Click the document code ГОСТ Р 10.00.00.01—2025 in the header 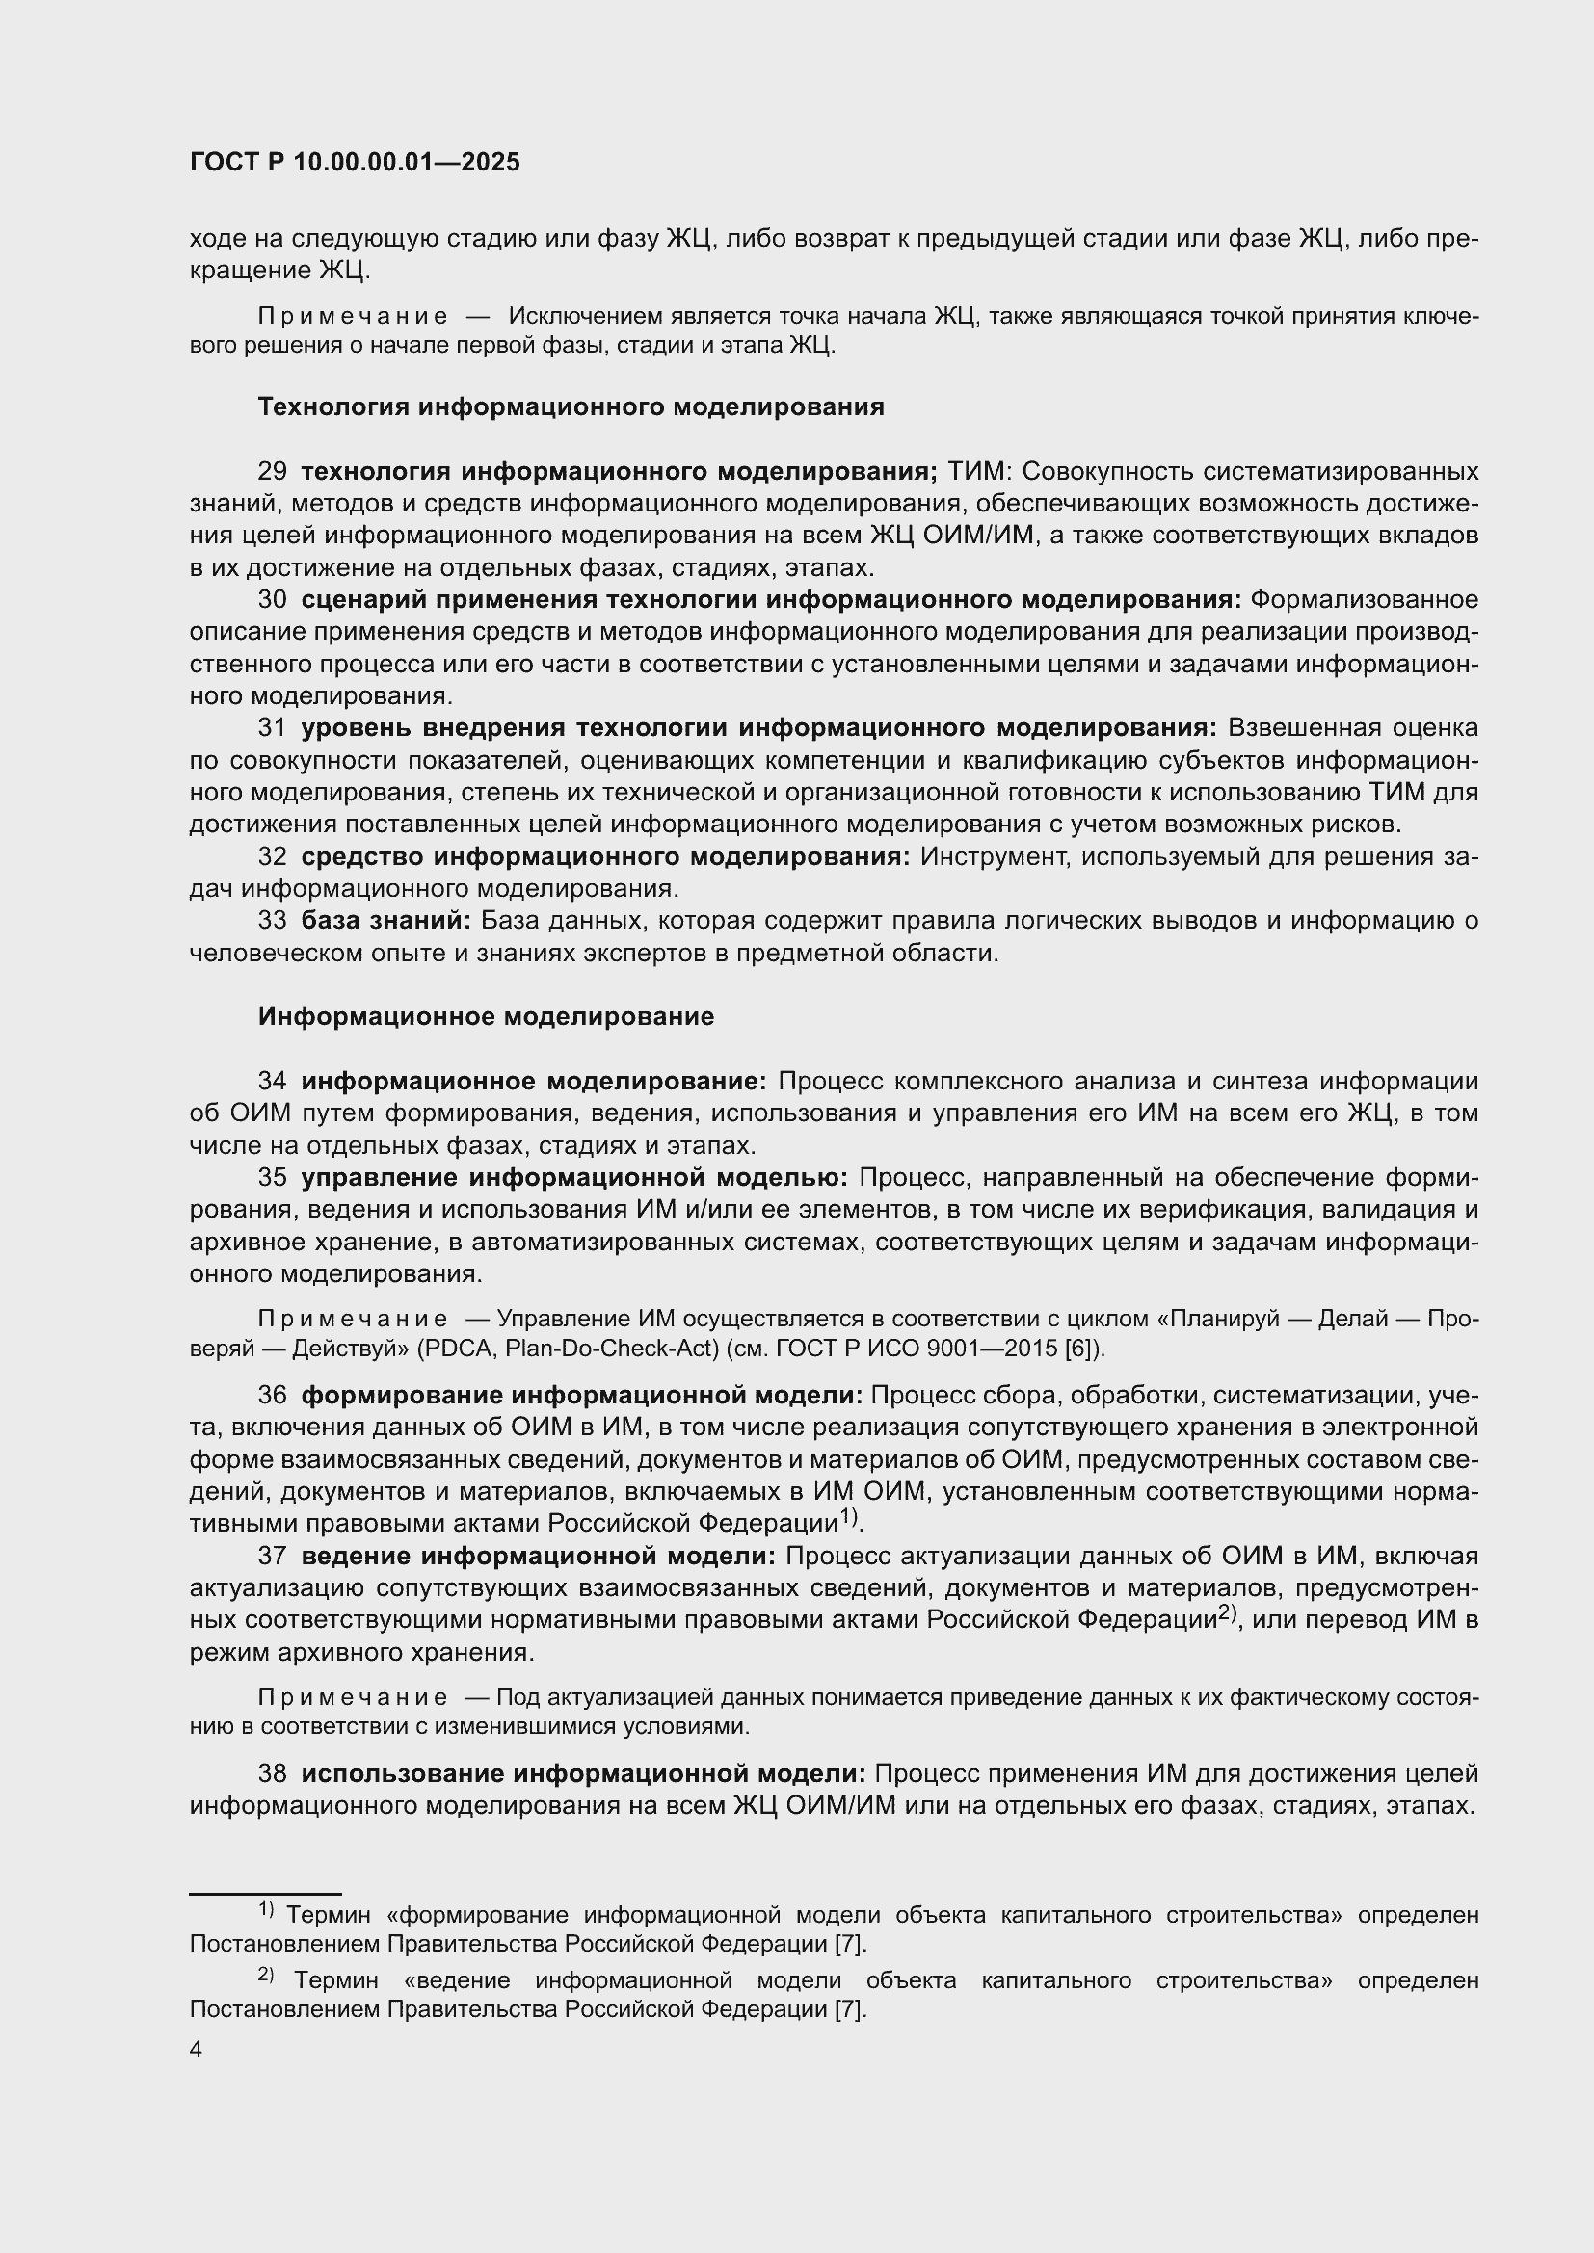[x=355, y=163]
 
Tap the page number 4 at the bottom [x=196, y=2050]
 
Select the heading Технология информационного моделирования [x=571, y=407]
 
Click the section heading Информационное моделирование [x=486, y=1016]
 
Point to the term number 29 [x=272, y=472]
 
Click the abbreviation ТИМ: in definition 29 [x=977, y=472]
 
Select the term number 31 [x=272, y=728]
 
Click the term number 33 [x=272, y=921]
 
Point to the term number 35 [x=272, y=1177]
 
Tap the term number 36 [x=272, y=1396]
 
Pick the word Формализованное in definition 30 [x=1366, y=599]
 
